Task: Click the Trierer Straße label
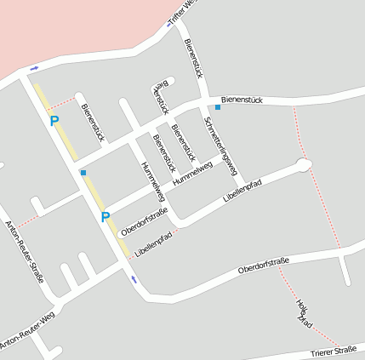point(333,351)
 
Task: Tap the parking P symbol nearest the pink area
point(54,121)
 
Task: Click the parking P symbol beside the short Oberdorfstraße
point(106,217)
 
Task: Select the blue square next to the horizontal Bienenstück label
point(218,107)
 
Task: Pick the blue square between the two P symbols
point(83,173)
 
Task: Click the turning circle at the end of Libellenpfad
point(304,164)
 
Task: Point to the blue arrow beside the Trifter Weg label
point(170,24)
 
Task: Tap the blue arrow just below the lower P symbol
point(133,278)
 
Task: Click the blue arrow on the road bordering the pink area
point(34,67)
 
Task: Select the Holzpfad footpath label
point(304,313)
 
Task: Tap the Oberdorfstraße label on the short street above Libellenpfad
point(145,220)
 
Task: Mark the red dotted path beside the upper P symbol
point(61,102)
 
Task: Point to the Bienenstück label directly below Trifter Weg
point(193,54)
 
